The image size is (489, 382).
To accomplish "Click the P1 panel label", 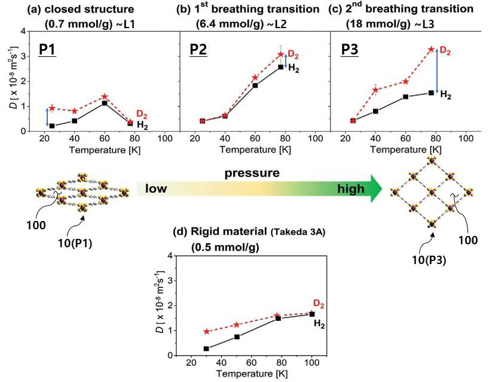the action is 47,49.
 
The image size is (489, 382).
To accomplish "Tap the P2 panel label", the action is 198,49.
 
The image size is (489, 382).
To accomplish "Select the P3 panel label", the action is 350,49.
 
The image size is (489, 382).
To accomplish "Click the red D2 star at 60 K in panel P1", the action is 105,96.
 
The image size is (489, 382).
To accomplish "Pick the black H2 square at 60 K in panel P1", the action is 105,103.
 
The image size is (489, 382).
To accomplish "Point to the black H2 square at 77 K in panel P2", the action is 281,67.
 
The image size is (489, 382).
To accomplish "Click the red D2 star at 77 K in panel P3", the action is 431,49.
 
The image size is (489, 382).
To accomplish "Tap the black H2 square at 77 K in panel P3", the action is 431,93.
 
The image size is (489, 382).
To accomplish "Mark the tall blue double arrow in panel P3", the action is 437,71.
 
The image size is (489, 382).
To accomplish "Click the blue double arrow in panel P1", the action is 47,117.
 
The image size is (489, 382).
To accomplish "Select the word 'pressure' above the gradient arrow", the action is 252,173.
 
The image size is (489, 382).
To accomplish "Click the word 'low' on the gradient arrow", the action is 156,189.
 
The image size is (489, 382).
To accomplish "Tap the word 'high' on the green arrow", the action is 351,189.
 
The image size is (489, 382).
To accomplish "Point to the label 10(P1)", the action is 75,243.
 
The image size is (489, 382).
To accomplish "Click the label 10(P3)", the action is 429,260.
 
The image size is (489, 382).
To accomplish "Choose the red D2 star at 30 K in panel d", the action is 206,331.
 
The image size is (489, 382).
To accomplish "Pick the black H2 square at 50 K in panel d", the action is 237,336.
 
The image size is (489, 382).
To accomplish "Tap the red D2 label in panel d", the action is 319,304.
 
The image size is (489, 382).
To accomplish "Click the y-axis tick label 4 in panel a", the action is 23,31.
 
